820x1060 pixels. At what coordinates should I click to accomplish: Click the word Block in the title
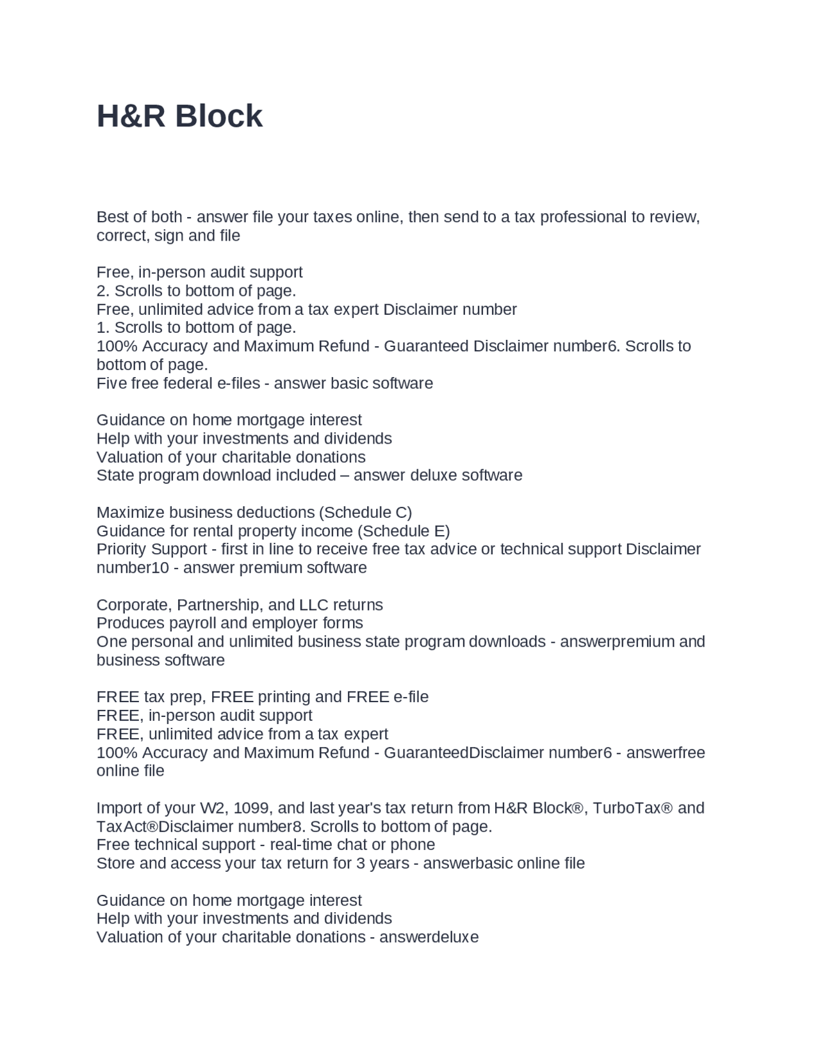tap(218, 116)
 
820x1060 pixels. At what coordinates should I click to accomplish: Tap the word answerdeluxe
tap(429, 938)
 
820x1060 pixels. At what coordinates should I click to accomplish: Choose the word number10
tap(133, 568)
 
